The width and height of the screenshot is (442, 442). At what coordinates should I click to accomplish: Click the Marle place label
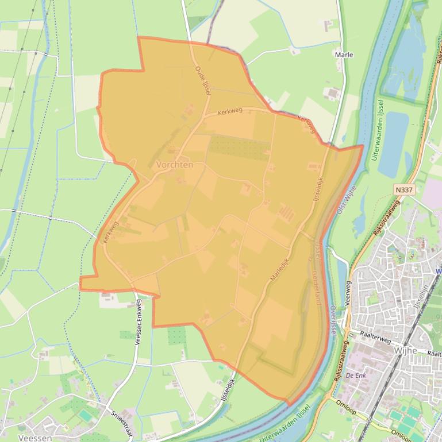(344, 55)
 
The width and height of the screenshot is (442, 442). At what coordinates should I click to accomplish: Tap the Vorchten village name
(174, 165)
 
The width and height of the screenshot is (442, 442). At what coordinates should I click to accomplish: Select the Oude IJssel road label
(203, 80)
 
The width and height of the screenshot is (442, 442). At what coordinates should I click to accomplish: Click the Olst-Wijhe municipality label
(348, 197)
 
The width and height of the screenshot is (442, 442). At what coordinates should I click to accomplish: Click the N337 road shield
(404, 189)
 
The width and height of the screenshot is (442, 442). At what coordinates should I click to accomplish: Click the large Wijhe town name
(405, 350)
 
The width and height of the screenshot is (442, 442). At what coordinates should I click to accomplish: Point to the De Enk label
(356, 375)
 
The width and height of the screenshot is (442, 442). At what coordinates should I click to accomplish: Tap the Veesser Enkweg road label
(138, 322)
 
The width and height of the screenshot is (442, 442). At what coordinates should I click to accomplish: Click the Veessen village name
(35, 437)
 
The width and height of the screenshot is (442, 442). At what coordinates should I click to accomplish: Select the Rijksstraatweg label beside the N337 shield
(386, 218)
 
